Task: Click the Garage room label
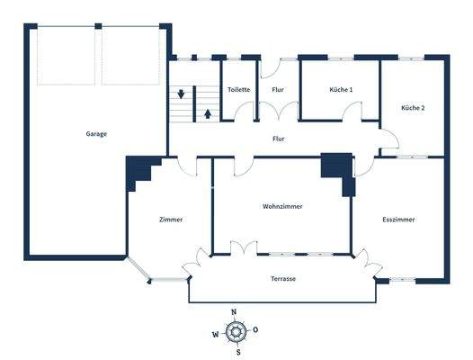[96, 134]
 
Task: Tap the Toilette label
[238, 90]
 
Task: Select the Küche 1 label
[341, 90]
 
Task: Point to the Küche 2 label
[414, 108]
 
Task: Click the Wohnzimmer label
[282, 206]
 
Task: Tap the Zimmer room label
[170, 220]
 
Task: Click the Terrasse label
[282, 279]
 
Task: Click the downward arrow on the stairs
[182, 94]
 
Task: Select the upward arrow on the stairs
[208, 113]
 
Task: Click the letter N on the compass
[236, 311]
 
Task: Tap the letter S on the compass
[237, 352]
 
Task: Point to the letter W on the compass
[215, 333]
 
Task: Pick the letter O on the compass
[256, 330]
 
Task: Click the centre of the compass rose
[236, 331]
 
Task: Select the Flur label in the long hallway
[279, 139]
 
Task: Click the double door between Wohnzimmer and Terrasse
[244, 247]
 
